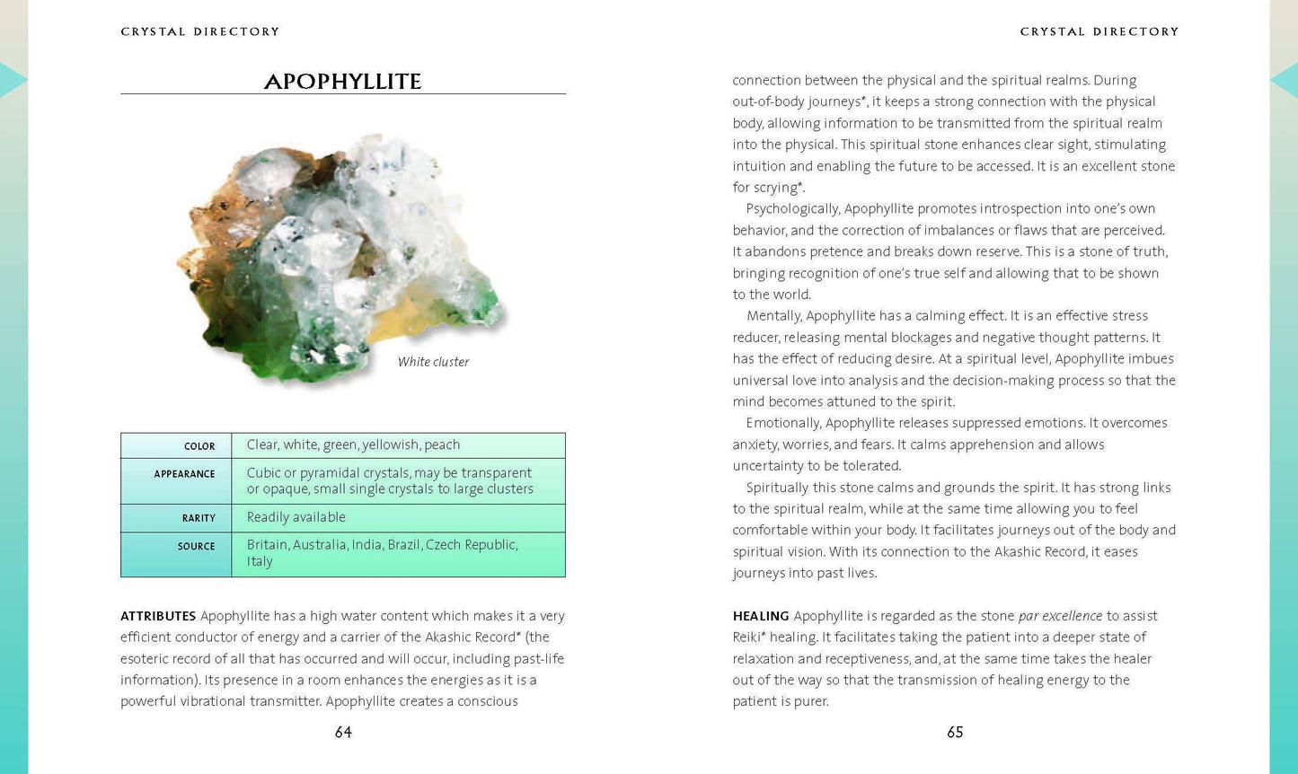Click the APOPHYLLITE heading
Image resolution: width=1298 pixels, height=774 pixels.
pyautogui.click(x=342, y=82)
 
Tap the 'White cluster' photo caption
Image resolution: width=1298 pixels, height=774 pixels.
pyautogui.click(x=433, y=362)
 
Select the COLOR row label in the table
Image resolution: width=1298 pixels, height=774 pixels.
pyautogui.click(x=199, y=446)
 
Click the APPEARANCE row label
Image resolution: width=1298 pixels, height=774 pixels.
pyautogui.click(x=184, y=474)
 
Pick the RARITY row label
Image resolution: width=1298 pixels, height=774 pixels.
pyautogui.click(x=199, y=518)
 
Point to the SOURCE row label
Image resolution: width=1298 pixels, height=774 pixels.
pyautogui.click(x=196, y=546)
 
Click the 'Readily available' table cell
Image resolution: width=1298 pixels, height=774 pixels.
pyautogui.click(x=296, y=517)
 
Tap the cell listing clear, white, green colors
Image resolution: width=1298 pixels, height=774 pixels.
pyautogui.click(x=353, y=444)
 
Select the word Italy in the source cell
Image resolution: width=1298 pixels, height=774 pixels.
pyautogui.click(x=260, y=561)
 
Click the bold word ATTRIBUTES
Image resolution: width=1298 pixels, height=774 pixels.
pyautogui.click(x=158, y=616)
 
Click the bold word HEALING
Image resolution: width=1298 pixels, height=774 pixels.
pyautogui.click(x=761, y=616)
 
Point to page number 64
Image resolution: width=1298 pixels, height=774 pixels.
pyautogui.click(x=343, y=733)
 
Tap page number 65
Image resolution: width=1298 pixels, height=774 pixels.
pyautogui.click(x=955, y=733)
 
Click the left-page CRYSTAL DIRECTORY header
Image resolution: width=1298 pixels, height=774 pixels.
pyautogui.click(x=200, y=31)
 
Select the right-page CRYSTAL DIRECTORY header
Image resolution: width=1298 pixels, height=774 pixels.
pyautogui.click(x=1099, y=31)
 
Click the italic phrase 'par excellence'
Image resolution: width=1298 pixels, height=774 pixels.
pyautogui.click(x=1060, y=616)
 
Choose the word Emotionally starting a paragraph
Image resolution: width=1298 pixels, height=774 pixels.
pyautogui.click(x=783, y=423)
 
